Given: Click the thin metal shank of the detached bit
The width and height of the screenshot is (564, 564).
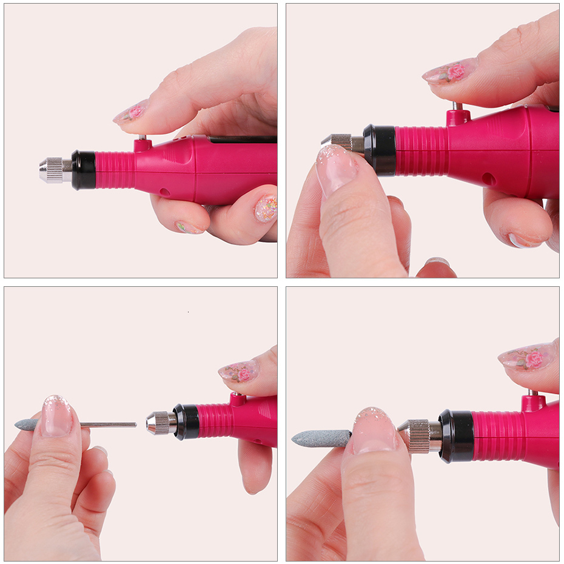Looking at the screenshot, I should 109,425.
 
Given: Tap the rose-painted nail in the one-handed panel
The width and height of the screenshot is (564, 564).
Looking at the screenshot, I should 132,112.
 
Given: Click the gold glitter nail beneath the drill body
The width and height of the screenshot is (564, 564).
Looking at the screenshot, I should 266,208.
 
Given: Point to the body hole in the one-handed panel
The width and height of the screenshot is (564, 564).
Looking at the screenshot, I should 164,192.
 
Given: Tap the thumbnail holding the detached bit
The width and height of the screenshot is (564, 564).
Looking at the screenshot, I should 56,417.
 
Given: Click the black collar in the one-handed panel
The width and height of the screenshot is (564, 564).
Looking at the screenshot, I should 84,170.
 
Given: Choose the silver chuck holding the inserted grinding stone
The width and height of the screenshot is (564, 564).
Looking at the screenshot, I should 422,436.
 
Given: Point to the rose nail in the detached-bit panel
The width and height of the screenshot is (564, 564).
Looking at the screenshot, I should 239,371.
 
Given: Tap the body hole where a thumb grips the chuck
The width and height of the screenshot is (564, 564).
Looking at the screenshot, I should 488,180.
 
